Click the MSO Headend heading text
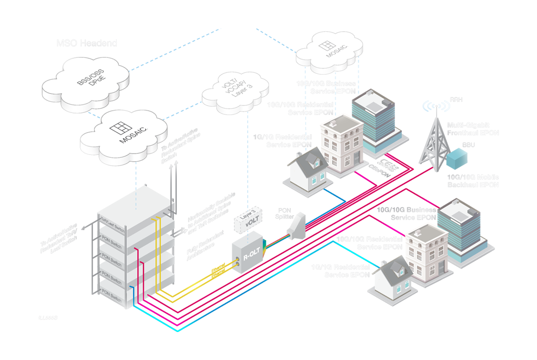(x=87, y=43)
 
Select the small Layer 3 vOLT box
(x=251, y=220)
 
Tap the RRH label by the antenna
(x=455, y=100)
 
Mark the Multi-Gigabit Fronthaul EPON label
(x=473, y=128)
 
